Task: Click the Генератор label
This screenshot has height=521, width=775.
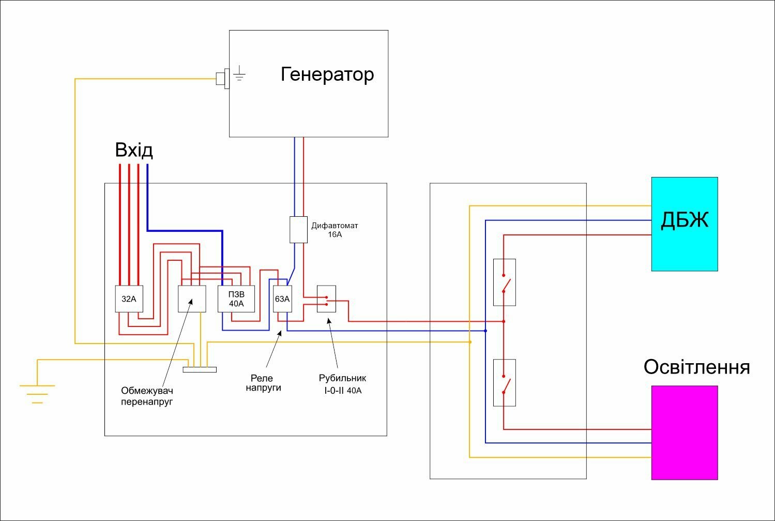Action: click(x=327, y=75)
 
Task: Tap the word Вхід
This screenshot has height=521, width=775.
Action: click(x=134, y=150)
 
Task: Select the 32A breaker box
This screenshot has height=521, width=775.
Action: click(x=129, y=299)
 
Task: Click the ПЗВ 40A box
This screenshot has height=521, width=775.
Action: click(x=236, y=299)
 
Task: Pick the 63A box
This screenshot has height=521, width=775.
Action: click(x=282, y=299)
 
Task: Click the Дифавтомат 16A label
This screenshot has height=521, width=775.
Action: click(x=335, y=230)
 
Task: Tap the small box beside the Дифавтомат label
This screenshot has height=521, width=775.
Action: click(x=299, y=230)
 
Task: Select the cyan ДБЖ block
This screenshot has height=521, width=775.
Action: click(x=685, y=224)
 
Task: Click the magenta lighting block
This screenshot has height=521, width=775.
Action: click(x=685, y=433)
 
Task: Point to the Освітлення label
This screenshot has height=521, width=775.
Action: click(x=696, y=367)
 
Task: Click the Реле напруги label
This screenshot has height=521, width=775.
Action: click(x=263, y=383)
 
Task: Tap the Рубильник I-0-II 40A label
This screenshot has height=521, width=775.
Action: click(x=342, y=384)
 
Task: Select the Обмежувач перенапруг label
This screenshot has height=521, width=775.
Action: click(x=147, y=396)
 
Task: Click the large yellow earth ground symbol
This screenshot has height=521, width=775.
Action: click(x=37, y=394)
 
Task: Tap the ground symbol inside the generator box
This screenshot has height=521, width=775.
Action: click(x=239, y=73)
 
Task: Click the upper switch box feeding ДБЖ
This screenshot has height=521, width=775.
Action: click(x=505, y=282)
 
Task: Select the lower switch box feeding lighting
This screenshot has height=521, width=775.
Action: click(x=505, y=383)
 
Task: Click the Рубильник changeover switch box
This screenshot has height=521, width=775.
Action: click(x=326, y=299)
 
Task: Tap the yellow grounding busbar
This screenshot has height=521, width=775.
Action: click(x=200, y=370)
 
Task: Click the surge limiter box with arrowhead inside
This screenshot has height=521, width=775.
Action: click(x=192, y=299)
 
